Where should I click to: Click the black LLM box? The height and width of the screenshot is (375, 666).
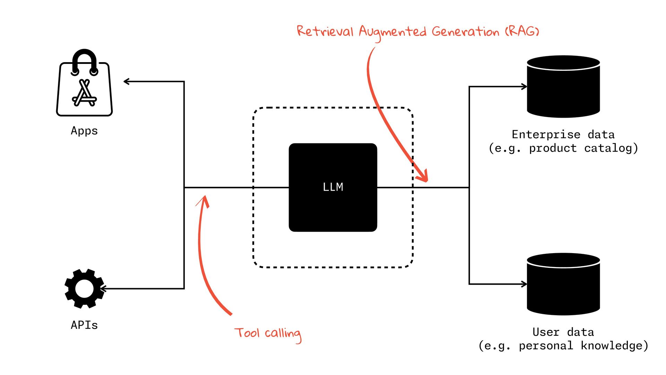click(x=333, y=187)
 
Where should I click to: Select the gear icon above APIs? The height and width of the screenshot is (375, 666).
click(x=84, y=289)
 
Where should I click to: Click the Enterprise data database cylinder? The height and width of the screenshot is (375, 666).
click(x=563, y=87)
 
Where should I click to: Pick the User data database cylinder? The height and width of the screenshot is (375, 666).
click(x=563, y=284)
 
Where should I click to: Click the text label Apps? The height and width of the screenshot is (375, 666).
click(x=84, y=131)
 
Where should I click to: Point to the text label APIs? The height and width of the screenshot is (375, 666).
click(x=84, y=325)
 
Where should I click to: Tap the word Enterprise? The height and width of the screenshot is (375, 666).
click(x=546, y=134)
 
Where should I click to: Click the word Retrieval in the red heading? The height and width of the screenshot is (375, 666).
click(x=325, y=31)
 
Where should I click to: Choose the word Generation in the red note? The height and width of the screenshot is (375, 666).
click(x=465, y=32)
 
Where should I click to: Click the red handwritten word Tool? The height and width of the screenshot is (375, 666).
click(x=247, y=333)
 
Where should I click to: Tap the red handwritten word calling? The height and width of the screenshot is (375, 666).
click(x=283, y=334)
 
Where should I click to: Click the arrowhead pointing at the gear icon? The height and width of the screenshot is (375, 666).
click(x=102, y=289)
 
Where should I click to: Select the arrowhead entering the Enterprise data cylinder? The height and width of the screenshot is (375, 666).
click(x=524, y=87)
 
